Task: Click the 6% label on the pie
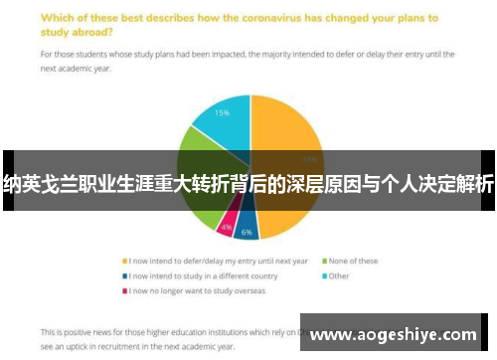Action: tap(247, 232)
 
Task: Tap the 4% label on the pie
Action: tap(228, 227)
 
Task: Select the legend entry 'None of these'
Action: tap(355, 262)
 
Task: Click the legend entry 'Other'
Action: tap(341, 275)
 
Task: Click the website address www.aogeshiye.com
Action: tap(394, 335)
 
